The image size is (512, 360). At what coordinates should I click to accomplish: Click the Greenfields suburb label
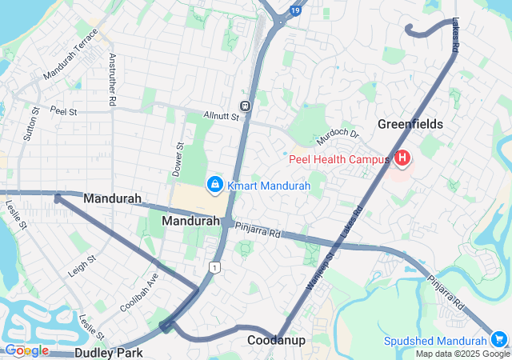(x=410, y=125)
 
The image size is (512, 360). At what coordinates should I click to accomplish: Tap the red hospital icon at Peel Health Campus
(x=402, y=159)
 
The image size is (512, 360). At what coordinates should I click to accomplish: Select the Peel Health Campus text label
(x=339, y=160)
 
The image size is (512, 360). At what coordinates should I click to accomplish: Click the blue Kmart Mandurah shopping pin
(x=214, y=185)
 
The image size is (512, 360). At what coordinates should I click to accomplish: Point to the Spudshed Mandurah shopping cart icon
(x=500, y=340)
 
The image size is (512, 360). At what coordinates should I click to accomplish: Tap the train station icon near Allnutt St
(x=246, y=105)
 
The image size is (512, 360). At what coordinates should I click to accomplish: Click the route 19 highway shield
(x=296, y=10)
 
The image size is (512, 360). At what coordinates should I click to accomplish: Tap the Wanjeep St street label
(x=321, y=270)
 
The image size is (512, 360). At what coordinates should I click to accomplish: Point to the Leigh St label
(x=82, y=265)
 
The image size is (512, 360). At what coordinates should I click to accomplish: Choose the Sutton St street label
(x=31, y=123)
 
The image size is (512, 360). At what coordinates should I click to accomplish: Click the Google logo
(x=26, y=350)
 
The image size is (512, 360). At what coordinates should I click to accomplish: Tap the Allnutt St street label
(x=221, y=116)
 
